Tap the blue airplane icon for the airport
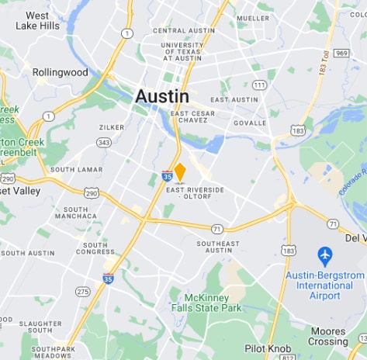pyautogui.click(x=324, y=255)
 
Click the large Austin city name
pyautogui.click(x=161, y=96)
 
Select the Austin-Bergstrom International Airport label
pyautogui.click(x=324, y=285)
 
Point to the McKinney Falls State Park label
pyautogui.click(x=212, y=303)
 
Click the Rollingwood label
pyautogui.click(x=60, y=72)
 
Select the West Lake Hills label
pyautogui.click(x=37, y=20)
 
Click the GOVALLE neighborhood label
pyautogui.click(x=250, y=123)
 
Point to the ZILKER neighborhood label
pyautogui.click(x=112, y=126)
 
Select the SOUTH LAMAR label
pyautogui.click(x=76, y=169)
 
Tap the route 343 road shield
pyautogui.click(x=104, y=142)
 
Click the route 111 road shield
pyautogui.click(x=259, y=85)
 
